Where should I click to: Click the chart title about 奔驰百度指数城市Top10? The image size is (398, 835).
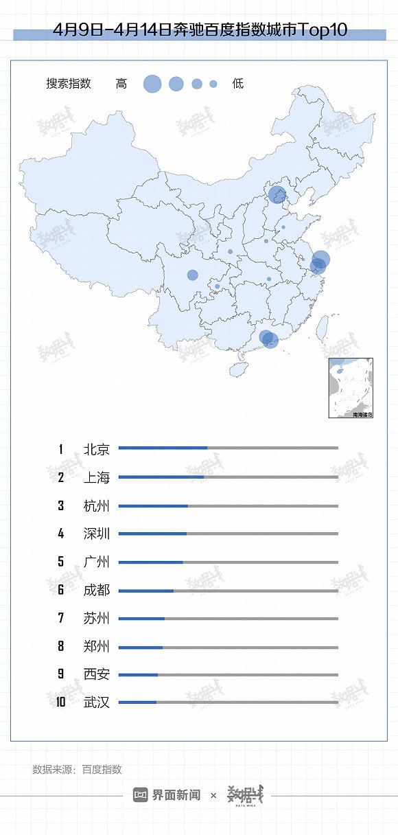click(x=199, y=30)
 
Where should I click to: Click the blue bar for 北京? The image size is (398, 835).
click(x=163, y=448)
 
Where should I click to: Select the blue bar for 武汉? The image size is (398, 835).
click(x=137, y=702)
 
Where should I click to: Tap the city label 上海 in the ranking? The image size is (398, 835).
click(x=96, y=477)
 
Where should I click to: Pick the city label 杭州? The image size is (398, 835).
click(x=96, y=506)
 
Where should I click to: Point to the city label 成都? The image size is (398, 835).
click(x=96, y=590)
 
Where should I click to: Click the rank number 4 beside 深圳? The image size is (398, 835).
click(x=61, y=534)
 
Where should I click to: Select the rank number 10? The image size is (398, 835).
click(x=61, y=702)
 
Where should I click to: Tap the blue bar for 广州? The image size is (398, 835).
click(x=150, y=562)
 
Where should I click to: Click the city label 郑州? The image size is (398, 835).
click(x=96, y=646)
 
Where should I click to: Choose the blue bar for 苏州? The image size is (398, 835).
click(x=141, y=619)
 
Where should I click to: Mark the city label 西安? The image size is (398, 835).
click(x=96, y=674)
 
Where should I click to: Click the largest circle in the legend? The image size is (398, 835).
click(x=152, y=84)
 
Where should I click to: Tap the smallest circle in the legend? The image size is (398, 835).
click(x=213, y=84)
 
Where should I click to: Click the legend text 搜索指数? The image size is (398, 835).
click(x=69, y=84)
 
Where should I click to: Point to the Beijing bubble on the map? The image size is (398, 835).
click(x=277, y=195)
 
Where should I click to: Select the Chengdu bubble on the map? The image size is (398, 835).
click(x=193, y=275)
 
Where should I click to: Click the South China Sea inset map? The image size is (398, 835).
click(x=351, y=388)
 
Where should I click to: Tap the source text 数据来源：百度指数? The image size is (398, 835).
click(x=77, y=770)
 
